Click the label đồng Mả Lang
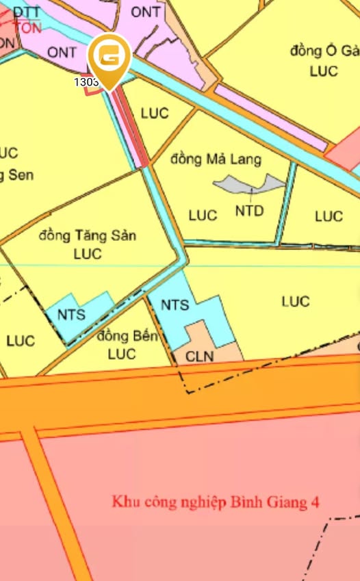click(x=207, y=159)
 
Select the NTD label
click(x=249, y=211)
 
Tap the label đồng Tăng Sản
click(x=88, y=236)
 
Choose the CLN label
click(x=200, y=356)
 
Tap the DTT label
click(x=27, y=12)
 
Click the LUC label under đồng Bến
click(x=122, y=354)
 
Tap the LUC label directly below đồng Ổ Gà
click(x=324, y=70)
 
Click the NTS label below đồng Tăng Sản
click(x=71, y=314)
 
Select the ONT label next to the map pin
click(x=62, y=52)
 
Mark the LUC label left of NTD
click(x=203, y=216)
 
